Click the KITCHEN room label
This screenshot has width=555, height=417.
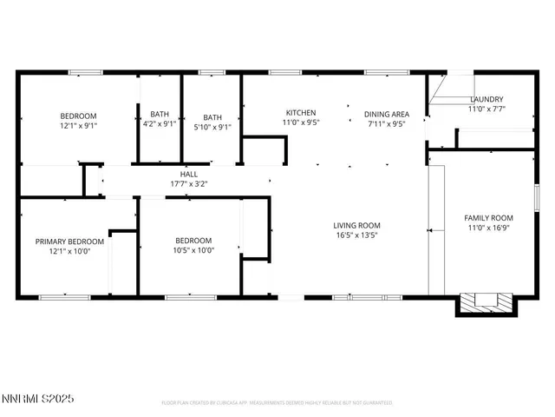click(301, 113)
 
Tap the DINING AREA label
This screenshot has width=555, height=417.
click(386, 114)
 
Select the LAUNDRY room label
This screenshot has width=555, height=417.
click(486, 99)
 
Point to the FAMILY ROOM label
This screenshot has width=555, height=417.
click(490, 218)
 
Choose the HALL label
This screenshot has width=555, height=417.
click(188, 174)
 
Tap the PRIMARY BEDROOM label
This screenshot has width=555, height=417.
click(69, 242)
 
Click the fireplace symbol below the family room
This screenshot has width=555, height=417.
click(484, 302)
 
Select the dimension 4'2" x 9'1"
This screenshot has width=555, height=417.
click(160, 123)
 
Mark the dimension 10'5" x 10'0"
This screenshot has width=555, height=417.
click(193, 250)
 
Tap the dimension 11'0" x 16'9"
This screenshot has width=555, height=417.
click(490, 228)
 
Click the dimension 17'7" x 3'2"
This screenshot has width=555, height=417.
click(188, 183)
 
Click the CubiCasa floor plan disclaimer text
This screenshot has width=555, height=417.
click(277, 403)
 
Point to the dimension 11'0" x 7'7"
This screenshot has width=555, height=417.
click(486, 109)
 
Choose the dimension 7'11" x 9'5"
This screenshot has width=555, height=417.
click(386, 123)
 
